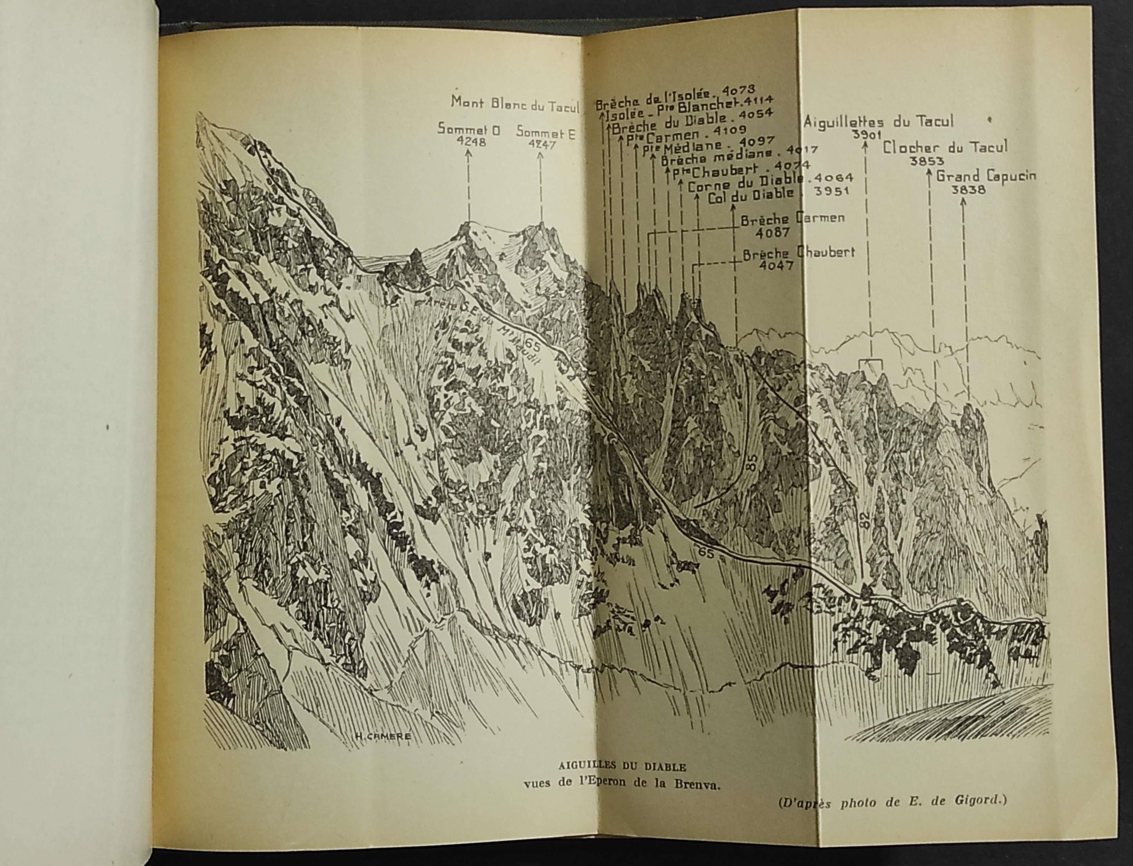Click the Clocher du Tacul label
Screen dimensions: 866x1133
point(945,148)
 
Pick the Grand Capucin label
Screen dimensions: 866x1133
point(985,176)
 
